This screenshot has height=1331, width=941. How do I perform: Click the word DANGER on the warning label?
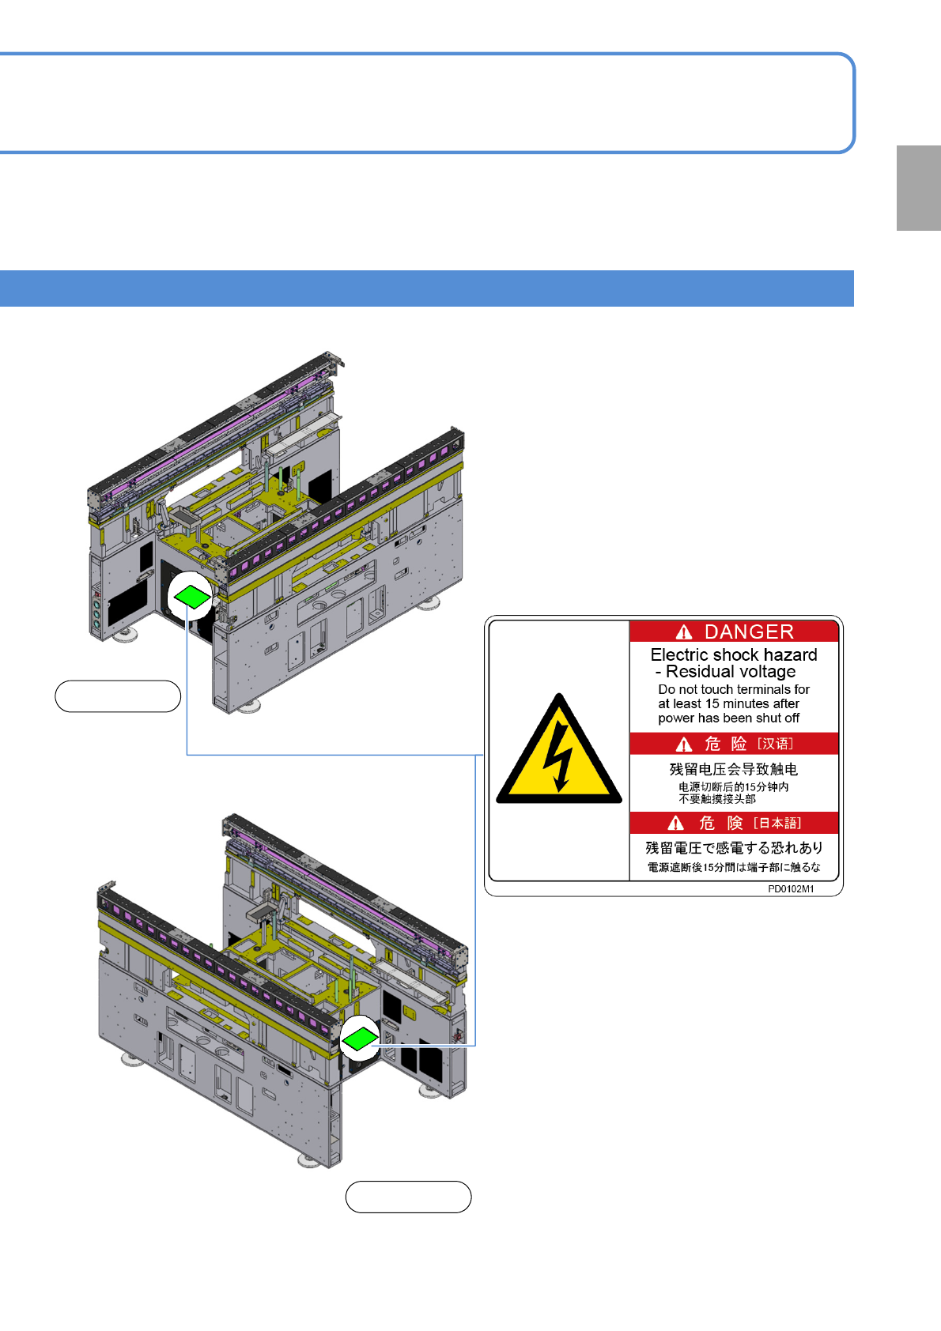coord(749,632)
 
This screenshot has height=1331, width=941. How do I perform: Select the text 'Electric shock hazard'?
coord(734,654)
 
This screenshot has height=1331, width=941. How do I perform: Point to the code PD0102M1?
coord(791,889)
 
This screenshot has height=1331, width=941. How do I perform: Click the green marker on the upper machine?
coord(191,596)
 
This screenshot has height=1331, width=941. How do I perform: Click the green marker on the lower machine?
coord(360,1039)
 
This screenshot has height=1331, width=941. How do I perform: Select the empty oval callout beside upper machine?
coord(118,696)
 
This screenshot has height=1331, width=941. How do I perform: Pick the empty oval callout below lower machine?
coord(408,1197)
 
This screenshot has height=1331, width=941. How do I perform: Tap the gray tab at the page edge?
coord(918,188)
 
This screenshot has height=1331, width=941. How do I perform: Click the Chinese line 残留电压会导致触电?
coord(733,769)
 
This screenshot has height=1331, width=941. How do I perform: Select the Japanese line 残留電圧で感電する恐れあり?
coord(734,848)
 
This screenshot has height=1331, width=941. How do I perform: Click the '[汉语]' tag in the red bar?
coord(775,744)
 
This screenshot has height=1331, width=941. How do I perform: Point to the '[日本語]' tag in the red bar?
coord(777,824)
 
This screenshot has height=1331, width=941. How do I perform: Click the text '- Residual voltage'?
coord(726,672)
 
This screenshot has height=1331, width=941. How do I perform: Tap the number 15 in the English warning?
coord(712,703)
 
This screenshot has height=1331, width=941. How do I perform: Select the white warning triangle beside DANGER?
coord(684,632)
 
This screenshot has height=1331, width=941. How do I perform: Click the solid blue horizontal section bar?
coord(427,288)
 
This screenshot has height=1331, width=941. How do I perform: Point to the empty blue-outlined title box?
coord(427,103)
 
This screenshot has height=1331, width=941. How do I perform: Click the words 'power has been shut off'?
coord(728,718)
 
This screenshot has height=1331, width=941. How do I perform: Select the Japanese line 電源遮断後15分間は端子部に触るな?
coord(734,867)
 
